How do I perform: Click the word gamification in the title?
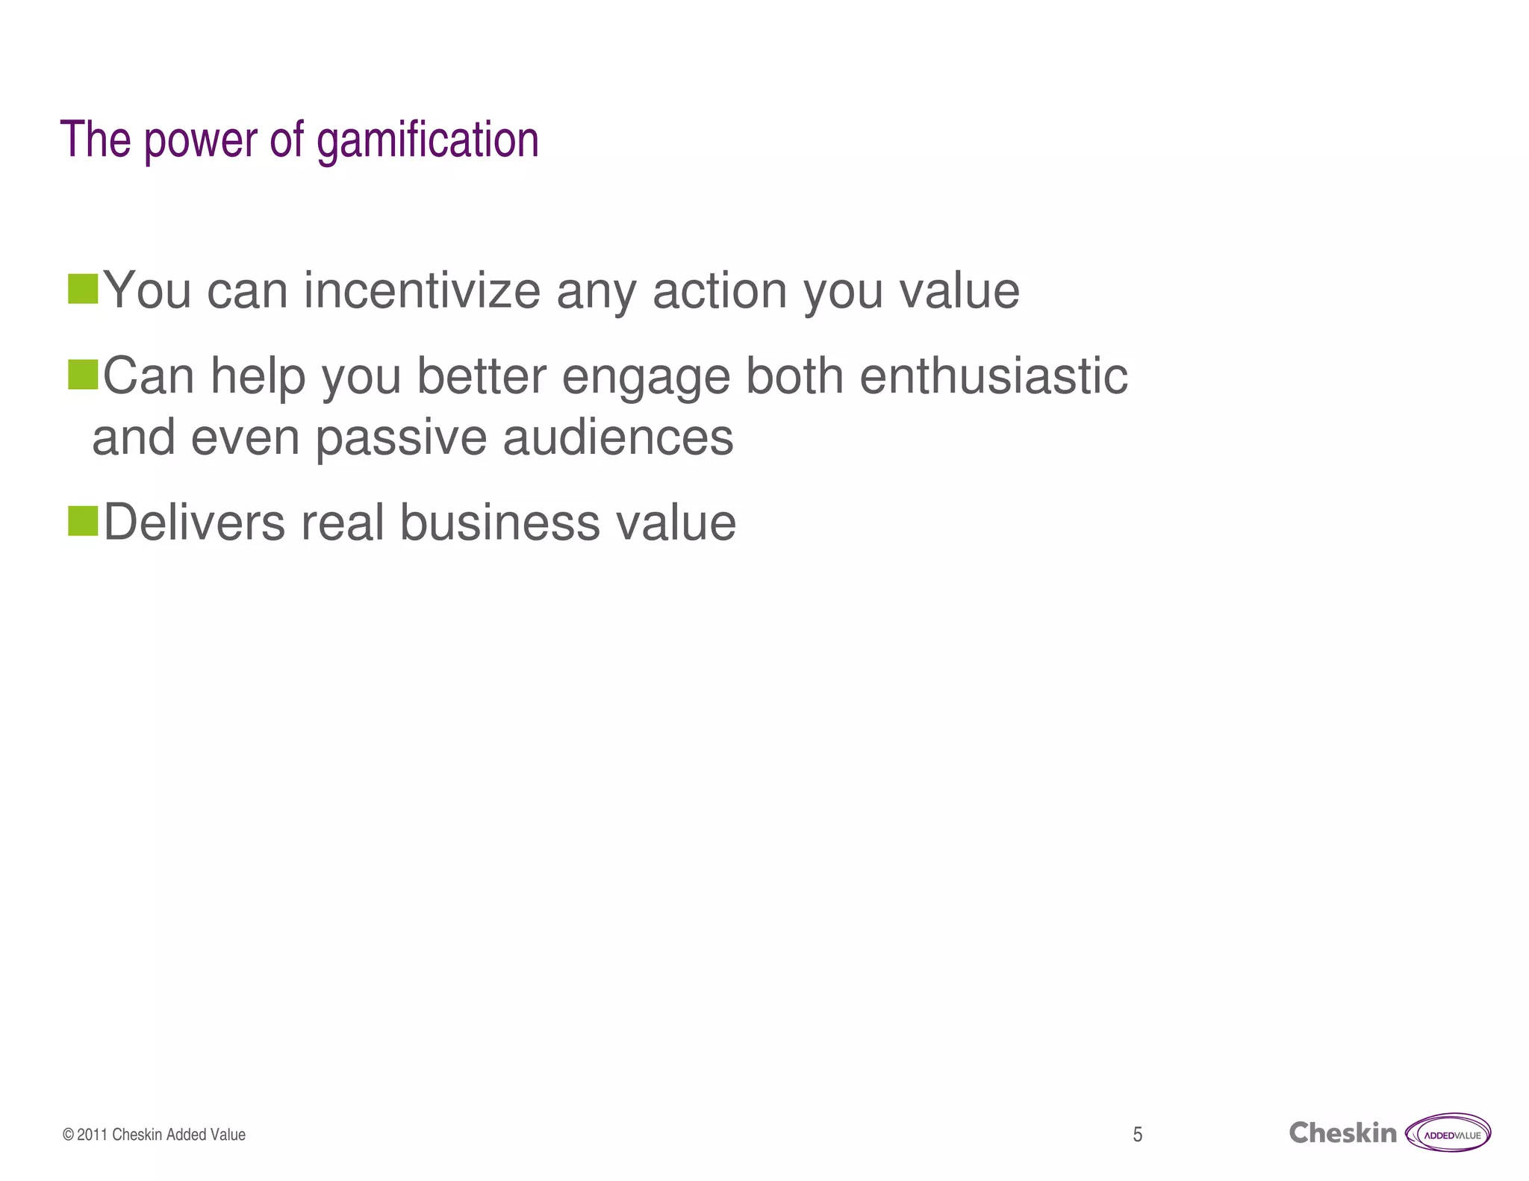coord(427,140)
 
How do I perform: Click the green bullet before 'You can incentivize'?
coord(83,289)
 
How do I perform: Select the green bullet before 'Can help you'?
coord(83,375)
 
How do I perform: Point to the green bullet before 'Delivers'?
coord(83,521)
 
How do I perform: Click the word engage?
coord(646,377)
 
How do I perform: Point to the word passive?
coord(401,438)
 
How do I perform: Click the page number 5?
coord(1137,1135)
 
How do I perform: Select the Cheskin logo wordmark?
coord(1342,1133)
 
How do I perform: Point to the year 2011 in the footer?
coord(93,1135)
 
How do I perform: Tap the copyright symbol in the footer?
coord(68,1135)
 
